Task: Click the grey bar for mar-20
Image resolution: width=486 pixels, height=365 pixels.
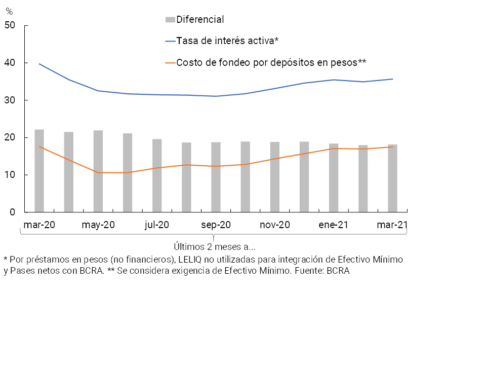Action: (39, 171)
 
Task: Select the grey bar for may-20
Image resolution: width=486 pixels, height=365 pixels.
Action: (98, 171)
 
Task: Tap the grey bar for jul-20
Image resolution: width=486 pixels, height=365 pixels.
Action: (157, 175)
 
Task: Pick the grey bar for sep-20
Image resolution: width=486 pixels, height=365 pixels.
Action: (216, 177)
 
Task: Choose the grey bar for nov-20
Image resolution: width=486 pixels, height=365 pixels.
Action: (275, 177)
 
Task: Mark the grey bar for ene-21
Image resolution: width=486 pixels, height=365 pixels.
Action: (334, 178)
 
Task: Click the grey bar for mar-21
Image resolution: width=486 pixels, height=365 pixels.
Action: (392, 178)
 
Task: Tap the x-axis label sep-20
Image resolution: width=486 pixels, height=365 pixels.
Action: (216, 225)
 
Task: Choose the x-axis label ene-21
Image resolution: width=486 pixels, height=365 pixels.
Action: (334, 225)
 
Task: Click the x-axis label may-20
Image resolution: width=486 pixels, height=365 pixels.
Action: (98, 225)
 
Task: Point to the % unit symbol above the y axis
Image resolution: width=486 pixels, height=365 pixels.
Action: (9, 11)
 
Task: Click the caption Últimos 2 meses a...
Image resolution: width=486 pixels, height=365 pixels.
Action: (214, 247)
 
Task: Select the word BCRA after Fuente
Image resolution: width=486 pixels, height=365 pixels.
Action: (338, 270)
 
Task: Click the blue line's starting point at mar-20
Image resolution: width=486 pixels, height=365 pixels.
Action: (39, 64)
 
